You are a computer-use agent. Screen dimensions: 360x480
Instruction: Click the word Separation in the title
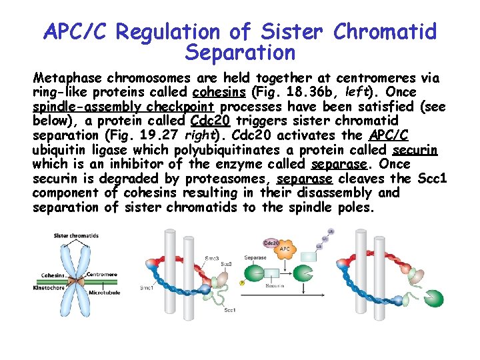[x=240, y=51]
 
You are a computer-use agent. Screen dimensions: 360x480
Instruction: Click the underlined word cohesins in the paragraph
[x=213, y=91]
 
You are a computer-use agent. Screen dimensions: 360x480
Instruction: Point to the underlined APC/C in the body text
[x=389, y=135]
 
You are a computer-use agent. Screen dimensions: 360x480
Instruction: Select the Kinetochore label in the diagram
[x=49, y=288]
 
